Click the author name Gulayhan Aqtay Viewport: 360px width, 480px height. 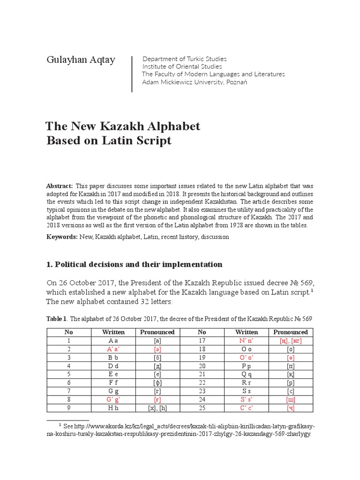click(x=80, y=60)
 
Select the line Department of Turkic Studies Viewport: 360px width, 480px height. click(x=184, y=59)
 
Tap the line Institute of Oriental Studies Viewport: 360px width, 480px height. click(x=182, y=67)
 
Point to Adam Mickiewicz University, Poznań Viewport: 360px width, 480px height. click(x=195, y=82)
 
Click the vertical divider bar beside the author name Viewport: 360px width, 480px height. click(x=132, y=74)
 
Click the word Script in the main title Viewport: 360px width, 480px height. click(x=149, y=141)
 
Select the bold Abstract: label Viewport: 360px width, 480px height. click(x=60, y=186)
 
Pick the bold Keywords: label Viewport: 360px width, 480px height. click(x=62, y=237)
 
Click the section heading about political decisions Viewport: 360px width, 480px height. click(x=134, y=264)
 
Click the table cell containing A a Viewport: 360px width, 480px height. click(x=113, y=341)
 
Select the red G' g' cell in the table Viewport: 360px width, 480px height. click(x=113, y=399)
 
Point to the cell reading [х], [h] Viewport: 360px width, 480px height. click(x=157, y=408)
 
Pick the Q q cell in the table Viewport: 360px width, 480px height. click(x=247, y=374)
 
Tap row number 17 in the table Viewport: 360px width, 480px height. click(x=202, y=341)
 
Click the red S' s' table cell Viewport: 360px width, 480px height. click(x=247, y=399)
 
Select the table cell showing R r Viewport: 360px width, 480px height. click(x=247, y=382)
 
